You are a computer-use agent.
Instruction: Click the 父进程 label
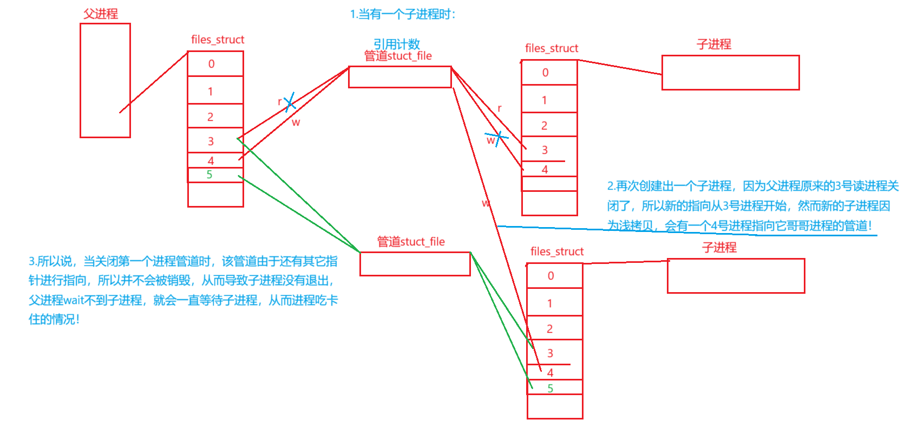point(101,14)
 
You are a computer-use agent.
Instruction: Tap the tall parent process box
point(105,80)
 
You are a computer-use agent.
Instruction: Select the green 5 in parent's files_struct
point(209,175)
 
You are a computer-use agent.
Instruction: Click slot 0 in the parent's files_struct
point(215,64)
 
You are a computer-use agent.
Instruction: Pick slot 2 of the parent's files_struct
point(215,117)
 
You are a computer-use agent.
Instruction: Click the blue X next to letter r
point(290,102)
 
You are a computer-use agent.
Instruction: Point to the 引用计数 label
point(397,44)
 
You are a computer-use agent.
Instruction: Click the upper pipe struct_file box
point(399,77)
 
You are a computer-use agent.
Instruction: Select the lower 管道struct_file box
point(415,264)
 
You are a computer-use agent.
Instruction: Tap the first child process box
point(730,73)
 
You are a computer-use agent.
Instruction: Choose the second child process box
point(736,276)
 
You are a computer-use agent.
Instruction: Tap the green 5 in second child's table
point(550,388)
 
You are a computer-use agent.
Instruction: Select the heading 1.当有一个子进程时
point(403,14)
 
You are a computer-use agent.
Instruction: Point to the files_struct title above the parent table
point(218,40)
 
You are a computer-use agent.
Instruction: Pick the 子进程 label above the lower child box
point(719,248)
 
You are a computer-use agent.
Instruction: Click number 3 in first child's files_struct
point(545,150)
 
